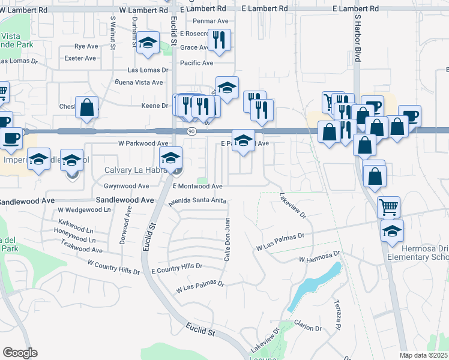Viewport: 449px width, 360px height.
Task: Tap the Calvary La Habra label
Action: pyautogui.click(x=135, y=170)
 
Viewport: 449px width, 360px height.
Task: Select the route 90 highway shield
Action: pyautogui.click(x=190, y=131)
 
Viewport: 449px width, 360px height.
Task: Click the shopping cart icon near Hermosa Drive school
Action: pyautogui.click(x=388, y=207)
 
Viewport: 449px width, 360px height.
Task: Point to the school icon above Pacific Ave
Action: pyautogui.click(x=147, y=44)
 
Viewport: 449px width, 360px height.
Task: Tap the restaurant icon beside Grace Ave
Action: pyautogui.click(x=220, y=40)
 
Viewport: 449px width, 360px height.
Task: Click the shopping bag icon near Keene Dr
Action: pyautogui.click(x=87, y=108)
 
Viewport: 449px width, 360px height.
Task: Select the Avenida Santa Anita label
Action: pyautogui.click(x=197, y=202)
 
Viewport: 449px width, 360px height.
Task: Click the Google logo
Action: pyautogui.click(x=20, y=352)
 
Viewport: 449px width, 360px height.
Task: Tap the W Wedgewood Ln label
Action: pyautogui.click(x=85, y=210)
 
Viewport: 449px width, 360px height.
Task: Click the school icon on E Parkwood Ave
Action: pyautogui.click(x=243, y=142)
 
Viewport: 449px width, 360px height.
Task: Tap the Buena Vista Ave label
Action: pyautogui.click(x=139, y=82)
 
